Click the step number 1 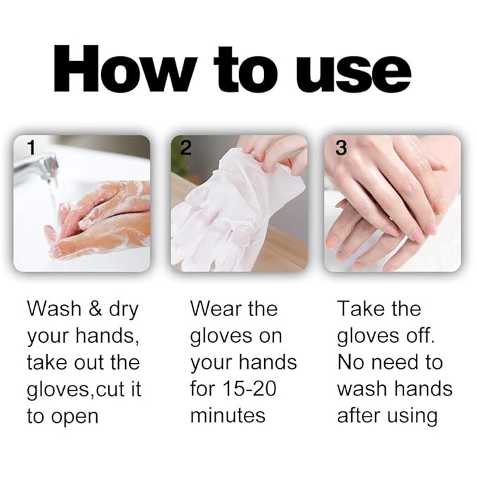click(x=30, y=148)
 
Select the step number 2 click(x=185, y=148)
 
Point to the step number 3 click(x=341, y=148)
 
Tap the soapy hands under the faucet click(x=105, y=218)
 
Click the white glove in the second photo click(x=225, y=211)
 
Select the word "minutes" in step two click(x=228, y=415)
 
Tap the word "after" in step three click(x=360, y=415)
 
